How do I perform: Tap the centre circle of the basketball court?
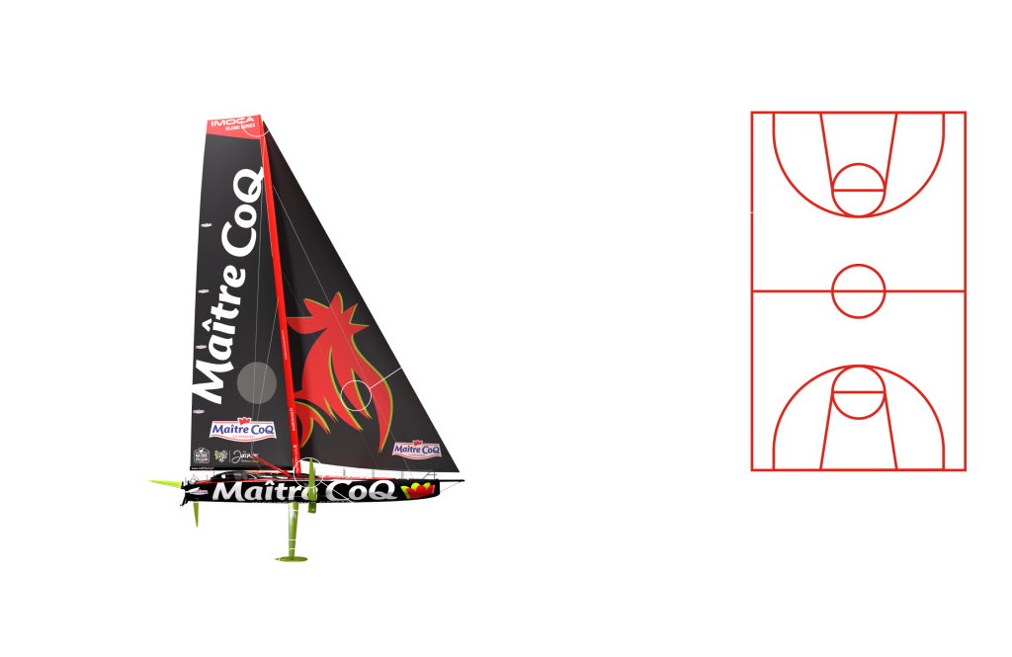pos(858,290)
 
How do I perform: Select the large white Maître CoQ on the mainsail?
pos(229,287)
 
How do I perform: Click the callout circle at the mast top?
pos(257,119)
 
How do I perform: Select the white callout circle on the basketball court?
pos(787,216)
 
